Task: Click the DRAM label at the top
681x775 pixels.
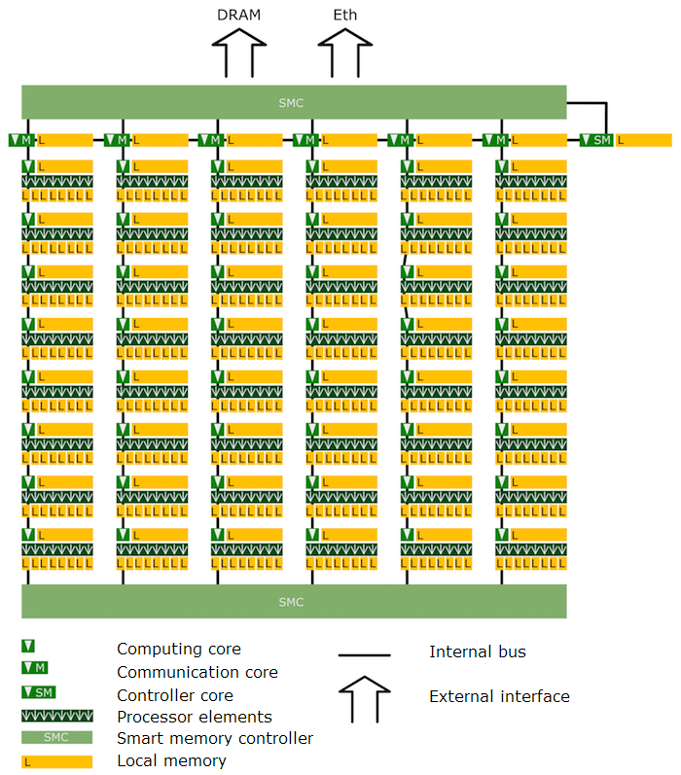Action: [238, 15]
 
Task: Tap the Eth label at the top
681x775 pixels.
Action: [345, 15]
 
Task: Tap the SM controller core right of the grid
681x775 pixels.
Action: [596, 140]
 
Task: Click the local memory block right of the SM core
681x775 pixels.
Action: [644, 140]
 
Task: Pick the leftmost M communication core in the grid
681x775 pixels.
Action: [21, 140]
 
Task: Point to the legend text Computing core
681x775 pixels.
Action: [179, 649]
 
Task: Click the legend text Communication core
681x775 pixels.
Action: [197, 672]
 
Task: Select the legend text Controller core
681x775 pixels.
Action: [175, 695]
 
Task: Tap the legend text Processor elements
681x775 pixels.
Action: [195, 717]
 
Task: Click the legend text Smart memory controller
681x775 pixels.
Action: [215, 739]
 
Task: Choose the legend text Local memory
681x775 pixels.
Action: [171, 760]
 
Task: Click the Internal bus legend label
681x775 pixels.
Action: [478, 652]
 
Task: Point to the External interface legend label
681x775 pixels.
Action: [499, 696]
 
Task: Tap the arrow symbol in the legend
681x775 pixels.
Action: [365, 697]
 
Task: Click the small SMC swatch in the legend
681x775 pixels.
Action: [56, 737]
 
